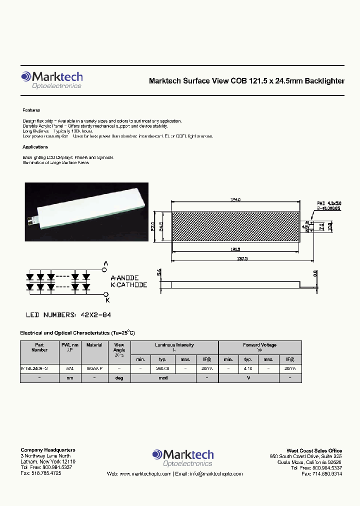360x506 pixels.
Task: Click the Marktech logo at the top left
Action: [51, 79]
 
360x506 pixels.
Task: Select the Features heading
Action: [31, 110]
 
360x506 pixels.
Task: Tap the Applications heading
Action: [35, 147]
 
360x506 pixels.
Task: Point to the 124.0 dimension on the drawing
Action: [235, 199]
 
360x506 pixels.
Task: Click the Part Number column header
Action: [39, 347]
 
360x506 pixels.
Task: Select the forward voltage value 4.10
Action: [247, 368]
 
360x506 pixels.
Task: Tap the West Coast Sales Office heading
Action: [314, 450]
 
